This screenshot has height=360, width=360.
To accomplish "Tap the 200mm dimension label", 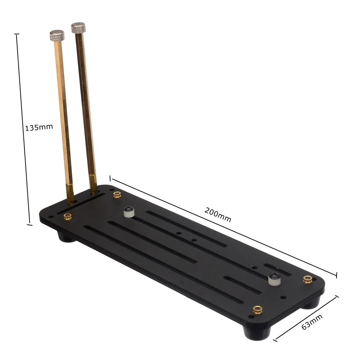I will coord(218,215).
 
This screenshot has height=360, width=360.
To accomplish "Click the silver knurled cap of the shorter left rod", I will coord(57,36).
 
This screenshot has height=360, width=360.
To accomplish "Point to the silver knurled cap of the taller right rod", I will coord(78,27).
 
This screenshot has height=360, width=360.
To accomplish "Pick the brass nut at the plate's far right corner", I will coord(307,279).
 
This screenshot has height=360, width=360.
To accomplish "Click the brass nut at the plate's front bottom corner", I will coord(257,309).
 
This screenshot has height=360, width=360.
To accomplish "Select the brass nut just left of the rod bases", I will coord(68,217).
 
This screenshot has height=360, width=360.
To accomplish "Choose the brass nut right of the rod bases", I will coord(117,195).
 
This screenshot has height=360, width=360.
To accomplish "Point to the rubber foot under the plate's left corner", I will coord(66,237).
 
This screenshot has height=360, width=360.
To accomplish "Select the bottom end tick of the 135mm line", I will coord(30,225).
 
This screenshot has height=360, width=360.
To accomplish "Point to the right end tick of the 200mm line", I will coord(336,275).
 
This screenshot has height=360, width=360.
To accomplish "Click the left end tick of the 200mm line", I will coord(110,178).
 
